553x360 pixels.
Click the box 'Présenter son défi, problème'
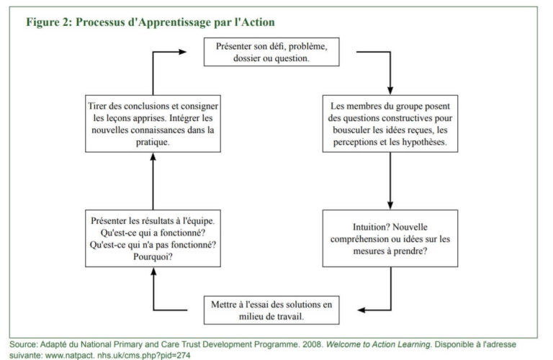pyautogui.click(x=271, y=52)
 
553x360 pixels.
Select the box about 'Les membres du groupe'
pyautogui.click(x=390, y=124)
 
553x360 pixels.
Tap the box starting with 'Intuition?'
pyautogui.click(x=390, y=238)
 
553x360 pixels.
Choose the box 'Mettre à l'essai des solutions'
pyautogui.click(x=271, y=310)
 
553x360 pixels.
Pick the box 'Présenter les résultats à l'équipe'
pyautogui.click(x=153, y=238)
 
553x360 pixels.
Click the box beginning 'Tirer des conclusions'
pyautogui.click(x=153, y=124)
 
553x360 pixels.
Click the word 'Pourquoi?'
pyautogui.click(x=153, y=257)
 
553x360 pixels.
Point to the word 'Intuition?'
pyautogui.click(x=370, y=227)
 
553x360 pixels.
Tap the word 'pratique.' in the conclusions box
pyautogui.click(x=153, y=142)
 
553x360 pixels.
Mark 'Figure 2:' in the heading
pyautogui.click(x=49, y=22)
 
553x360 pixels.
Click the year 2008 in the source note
pyautogui.click(x=312, y=344)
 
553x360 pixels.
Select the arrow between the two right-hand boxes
pyautogui.click(x=390, y=181)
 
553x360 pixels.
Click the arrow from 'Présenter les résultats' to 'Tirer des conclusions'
pyautogui.click(x=153, y=181)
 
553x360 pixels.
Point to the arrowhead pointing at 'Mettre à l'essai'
pyautogui.click(x=361, y=310)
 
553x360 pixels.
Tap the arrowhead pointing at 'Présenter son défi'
pyautogui.click(x=182, y=52)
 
